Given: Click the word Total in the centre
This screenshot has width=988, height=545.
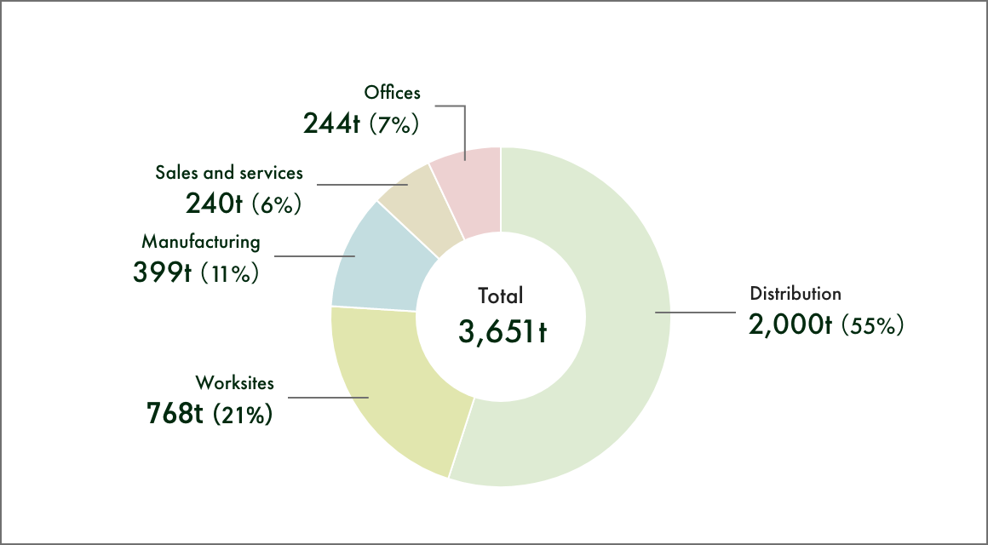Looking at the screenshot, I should [x=501, y=296].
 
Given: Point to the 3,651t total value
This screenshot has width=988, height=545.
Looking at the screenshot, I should [x=501, y=330].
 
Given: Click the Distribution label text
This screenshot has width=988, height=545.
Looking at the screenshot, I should [x=796, y=294].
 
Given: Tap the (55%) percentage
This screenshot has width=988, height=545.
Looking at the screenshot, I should [x=871, y=325].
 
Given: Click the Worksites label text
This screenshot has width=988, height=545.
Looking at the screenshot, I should [x=235, y=381].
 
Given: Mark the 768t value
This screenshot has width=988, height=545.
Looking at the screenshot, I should [x=175, y=414].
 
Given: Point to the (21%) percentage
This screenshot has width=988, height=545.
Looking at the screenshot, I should [x=242, y=415].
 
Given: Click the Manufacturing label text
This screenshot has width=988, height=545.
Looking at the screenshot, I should [x=201, y=241].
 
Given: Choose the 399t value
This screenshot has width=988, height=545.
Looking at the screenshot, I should [x=162, y=272].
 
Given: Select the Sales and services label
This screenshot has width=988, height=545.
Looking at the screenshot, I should [x=229, y=173].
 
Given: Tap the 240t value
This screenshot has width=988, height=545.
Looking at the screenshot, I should [x=215, y=204].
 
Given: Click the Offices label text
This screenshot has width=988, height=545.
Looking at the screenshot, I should [x=393, y=92].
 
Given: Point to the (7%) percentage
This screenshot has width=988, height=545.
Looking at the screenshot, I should [x=395, y=125].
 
